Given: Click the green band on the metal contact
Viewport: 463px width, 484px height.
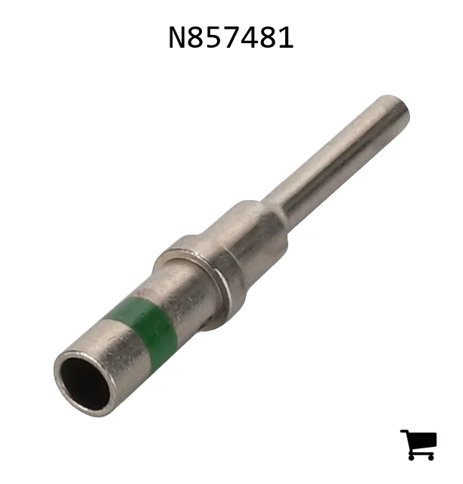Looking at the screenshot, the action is pos(142,326).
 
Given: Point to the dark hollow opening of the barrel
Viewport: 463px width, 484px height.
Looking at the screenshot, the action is pos(85,384).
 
